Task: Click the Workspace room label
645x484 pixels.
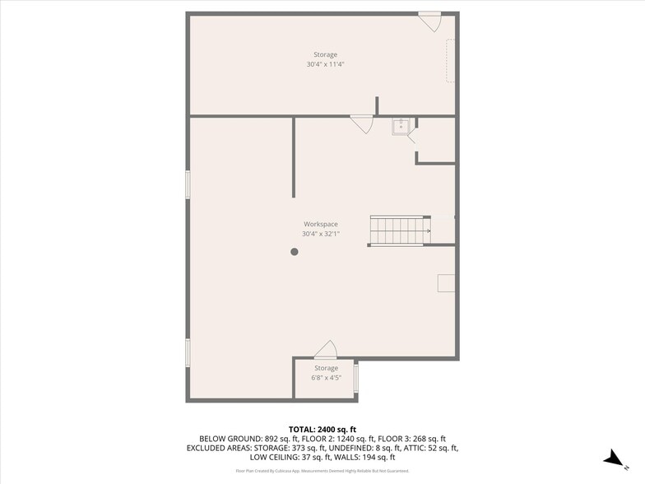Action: (321, 224)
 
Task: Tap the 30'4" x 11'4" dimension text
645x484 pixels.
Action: (325, 64)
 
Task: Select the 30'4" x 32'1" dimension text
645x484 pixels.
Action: (321, 234)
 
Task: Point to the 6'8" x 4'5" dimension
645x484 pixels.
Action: (325, 378)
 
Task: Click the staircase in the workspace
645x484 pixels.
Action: (400, 230)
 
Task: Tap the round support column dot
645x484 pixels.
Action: (295, 252)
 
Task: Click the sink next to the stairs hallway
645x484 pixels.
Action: (401, 127)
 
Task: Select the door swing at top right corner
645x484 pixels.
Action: (430, 21)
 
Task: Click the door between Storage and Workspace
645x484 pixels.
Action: (361, 123)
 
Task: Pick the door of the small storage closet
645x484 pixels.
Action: (327, 349)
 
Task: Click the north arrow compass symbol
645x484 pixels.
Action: (612, 458)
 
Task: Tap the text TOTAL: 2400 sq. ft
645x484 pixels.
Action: (322, 429)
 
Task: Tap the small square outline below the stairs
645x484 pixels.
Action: (446, 282)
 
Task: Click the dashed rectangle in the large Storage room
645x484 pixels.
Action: (450, 60)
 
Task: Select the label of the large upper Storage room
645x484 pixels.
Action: (325, 54)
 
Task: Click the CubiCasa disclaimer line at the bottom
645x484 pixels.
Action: (322, 471)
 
